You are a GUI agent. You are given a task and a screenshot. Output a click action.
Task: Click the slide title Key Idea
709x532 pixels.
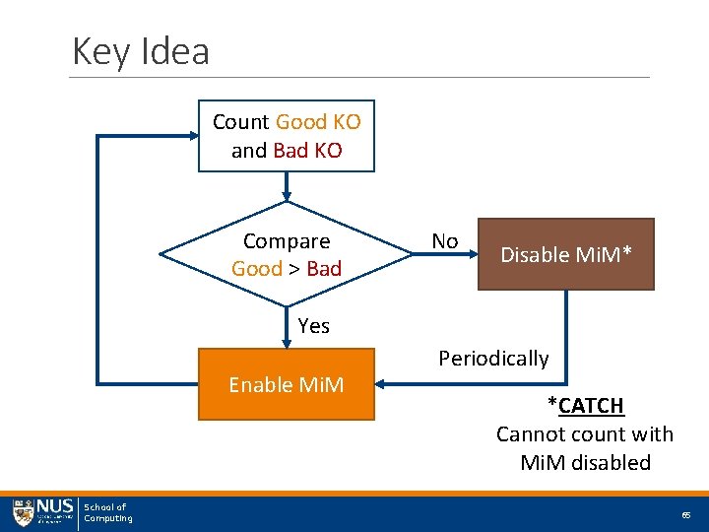point(141,50)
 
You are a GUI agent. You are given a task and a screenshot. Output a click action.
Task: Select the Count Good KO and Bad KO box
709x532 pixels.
point(287,136)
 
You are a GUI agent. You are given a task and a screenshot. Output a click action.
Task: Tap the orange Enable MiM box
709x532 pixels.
point(287,384)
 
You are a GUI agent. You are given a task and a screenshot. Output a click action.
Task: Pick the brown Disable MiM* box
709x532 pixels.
point(565,254)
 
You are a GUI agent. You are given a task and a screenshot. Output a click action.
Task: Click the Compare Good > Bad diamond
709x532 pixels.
point(287,255)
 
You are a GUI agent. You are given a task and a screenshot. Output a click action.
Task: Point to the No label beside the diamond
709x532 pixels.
point(444,240)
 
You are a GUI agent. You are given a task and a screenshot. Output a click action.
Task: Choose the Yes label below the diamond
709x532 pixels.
point(313,325)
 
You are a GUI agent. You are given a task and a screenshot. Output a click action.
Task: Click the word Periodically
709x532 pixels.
point(493,358)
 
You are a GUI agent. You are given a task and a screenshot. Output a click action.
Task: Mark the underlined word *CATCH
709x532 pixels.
point(586,405)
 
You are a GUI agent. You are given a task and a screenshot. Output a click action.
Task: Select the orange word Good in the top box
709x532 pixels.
point(300,122)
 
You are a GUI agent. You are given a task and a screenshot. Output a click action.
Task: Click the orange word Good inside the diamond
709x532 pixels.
point(256,269)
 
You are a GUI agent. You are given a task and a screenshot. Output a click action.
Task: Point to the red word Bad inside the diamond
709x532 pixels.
point(324,269)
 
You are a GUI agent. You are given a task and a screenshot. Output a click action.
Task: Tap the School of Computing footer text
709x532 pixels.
point(107,512)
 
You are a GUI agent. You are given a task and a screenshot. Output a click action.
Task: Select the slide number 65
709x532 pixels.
point(685,515)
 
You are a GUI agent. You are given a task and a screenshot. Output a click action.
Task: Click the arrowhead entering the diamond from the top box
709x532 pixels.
point(287,194)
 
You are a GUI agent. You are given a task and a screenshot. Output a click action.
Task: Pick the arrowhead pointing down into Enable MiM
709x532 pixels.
point(287,343)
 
